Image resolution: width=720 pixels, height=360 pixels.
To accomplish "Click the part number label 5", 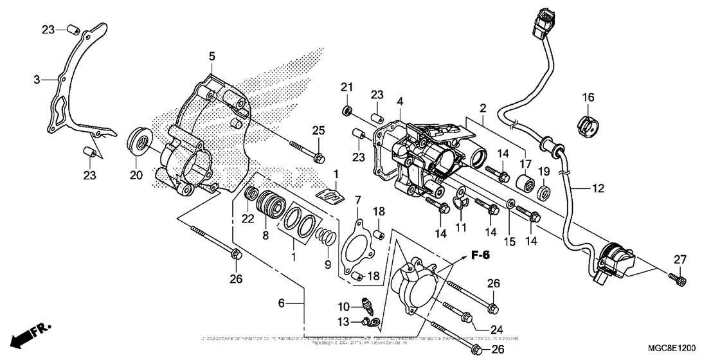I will coord(212,57).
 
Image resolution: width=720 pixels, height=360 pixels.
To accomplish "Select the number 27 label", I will coord(680,260).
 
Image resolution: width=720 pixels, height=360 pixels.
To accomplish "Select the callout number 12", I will coord(597,189).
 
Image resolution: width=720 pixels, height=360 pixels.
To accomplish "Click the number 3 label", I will coord(37,79).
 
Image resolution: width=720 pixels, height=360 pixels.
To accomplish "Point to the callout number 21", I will coord(348,88).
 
